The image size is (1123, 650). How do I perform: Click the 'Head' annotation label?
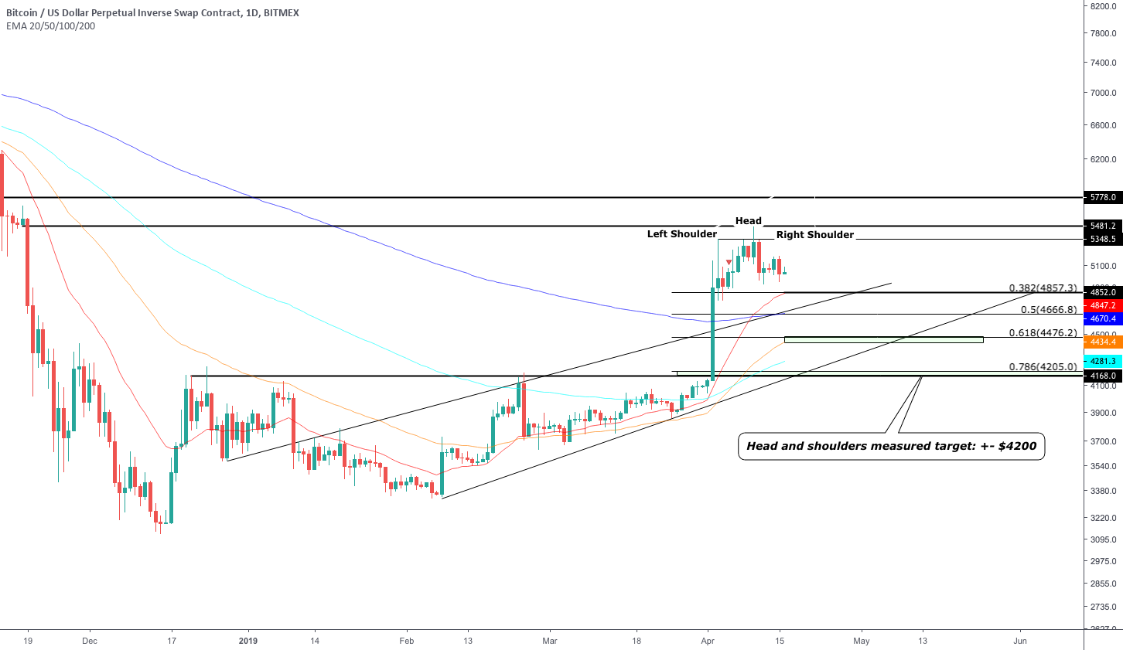coord(748,221)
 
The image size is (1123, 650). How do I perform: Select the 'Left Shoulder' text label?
coord(681,234)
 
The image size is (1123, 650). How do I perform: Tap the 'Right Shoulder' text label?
coord(814,235)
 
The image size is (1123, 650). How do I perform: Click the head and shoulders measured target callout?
coord(891,446)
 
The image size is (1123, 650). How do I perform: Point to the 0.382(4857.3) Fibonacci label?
coord(1042,288)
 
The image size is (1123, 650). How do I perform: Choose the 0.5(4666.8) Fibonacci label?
coord(1048,310)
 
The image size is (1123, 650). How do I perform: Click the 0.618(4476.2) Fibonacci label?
coord(1042,333)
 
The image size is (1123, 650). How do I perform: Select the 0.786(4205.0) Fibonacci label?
coord(1042,367)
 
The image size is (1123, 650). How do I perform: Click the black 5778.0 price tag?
coord(1103,198)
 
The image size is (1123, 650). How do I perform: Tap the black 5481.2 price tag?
coord(1103,226)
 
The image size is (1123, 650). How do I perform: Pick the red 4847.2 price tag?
coord(1103,306)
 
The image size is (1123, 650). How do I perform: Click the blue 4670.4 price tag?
coord(1103,318)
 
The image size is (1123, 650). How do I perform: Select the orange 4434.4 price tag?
coord(1103,342)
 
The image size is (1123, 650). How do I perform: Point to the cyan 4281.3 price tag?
coord(1103,361)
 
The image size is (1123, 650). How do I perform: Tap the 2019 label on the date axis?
coord(247,641)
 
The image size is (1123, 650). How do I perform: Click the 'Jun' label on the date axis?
coord(1020,641)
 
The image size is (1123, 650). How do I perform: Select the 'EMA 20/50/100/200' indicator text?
coord(51,26)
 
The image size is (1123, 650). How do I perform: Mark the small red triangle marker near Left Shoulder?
coord(729,263)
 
